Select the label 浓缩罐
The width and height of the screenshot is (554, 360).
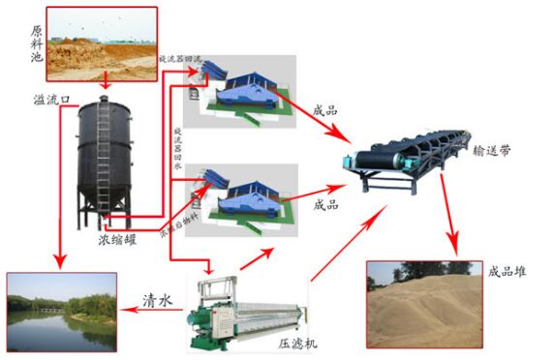[117, 234]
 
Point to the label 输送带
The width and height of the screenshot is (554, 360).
[493, 150]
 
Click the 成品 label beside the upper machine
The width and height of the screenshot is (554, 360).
[324, 111]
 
